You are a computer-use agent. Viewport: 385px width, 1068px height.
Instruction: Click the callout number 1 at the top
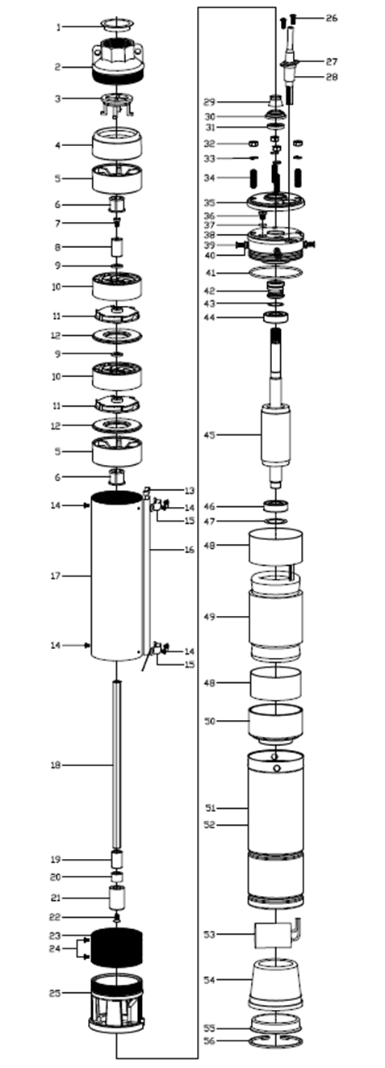pyautogui.click(x=59, y=27)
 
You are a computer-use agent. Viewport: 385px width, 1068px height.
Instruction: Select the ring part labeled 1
pyautogui.click(x=117, y=24)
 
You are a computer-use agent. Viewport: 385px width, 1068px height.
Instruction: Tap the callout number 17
pyautogui.click(x=56, y=576)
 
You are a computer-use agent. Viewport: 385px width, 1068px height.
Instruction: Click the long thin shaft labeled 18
pyautogui.click(x=117, y=764)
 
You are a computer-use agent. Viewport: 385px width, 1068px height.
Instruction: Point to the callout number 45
pyautogui.click(x=210, y=435)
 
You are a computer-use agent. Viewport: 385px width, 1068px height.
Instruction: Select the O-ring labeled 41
pyautogui.click(x=276, y=273)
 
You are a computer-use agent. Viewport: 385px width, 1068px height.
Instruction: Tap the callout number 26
pyautogui.click(x=331, y=18)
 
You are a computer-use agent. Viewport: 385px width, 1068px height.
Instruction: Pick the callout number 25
pyautogui.click(x=55, y=993)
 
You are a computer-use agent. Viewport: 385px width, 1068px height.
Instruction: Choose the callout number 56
pyautogui.click(x=210, y=1054)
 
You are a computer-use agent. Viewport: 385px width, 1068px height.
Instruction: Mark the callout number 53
pyautogui.click(x=210, y=935)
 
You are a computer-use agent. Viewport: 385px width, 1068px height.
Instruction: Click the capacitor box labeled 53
pyautogui.click(x=273, y=935)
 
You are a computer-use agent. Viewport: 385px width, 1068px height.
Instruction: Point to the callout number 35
pyautogui.click(x=210, y=203)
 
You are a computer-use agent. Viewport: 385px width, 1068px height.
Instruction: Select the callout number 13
pyautogui.click(x=190, y=491)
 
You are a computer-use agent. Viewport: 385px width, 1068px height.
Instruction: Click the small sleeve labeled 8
pyautogui.click(x=117, y=247)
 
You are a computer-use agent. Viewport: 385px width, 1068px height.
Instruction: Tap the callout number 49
pyautogui.click(x=210, y=617)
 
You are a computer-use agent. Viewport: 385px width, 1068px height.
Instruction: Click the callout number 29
pyautogui.click(x=210, y=102)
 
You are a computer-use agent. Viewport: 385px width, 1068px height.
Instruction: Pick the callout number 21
pyautogui.click(x=56, y=898)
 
